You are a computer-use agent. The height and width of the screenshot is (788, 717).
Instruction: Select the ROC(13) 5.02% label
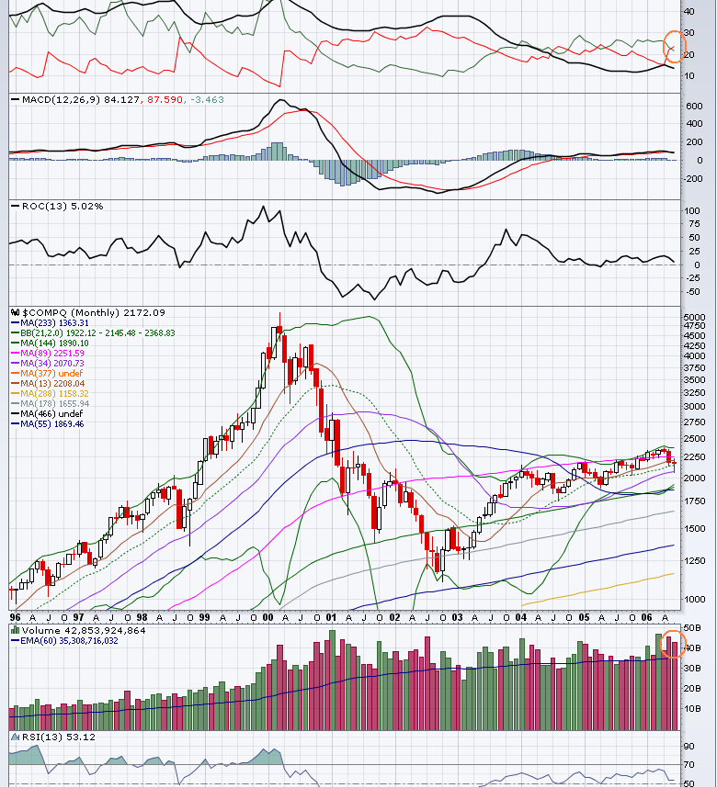click(57, 206)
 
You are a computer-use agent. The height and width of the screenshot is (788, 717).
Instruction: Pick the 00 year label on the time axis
click(267, 617)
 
